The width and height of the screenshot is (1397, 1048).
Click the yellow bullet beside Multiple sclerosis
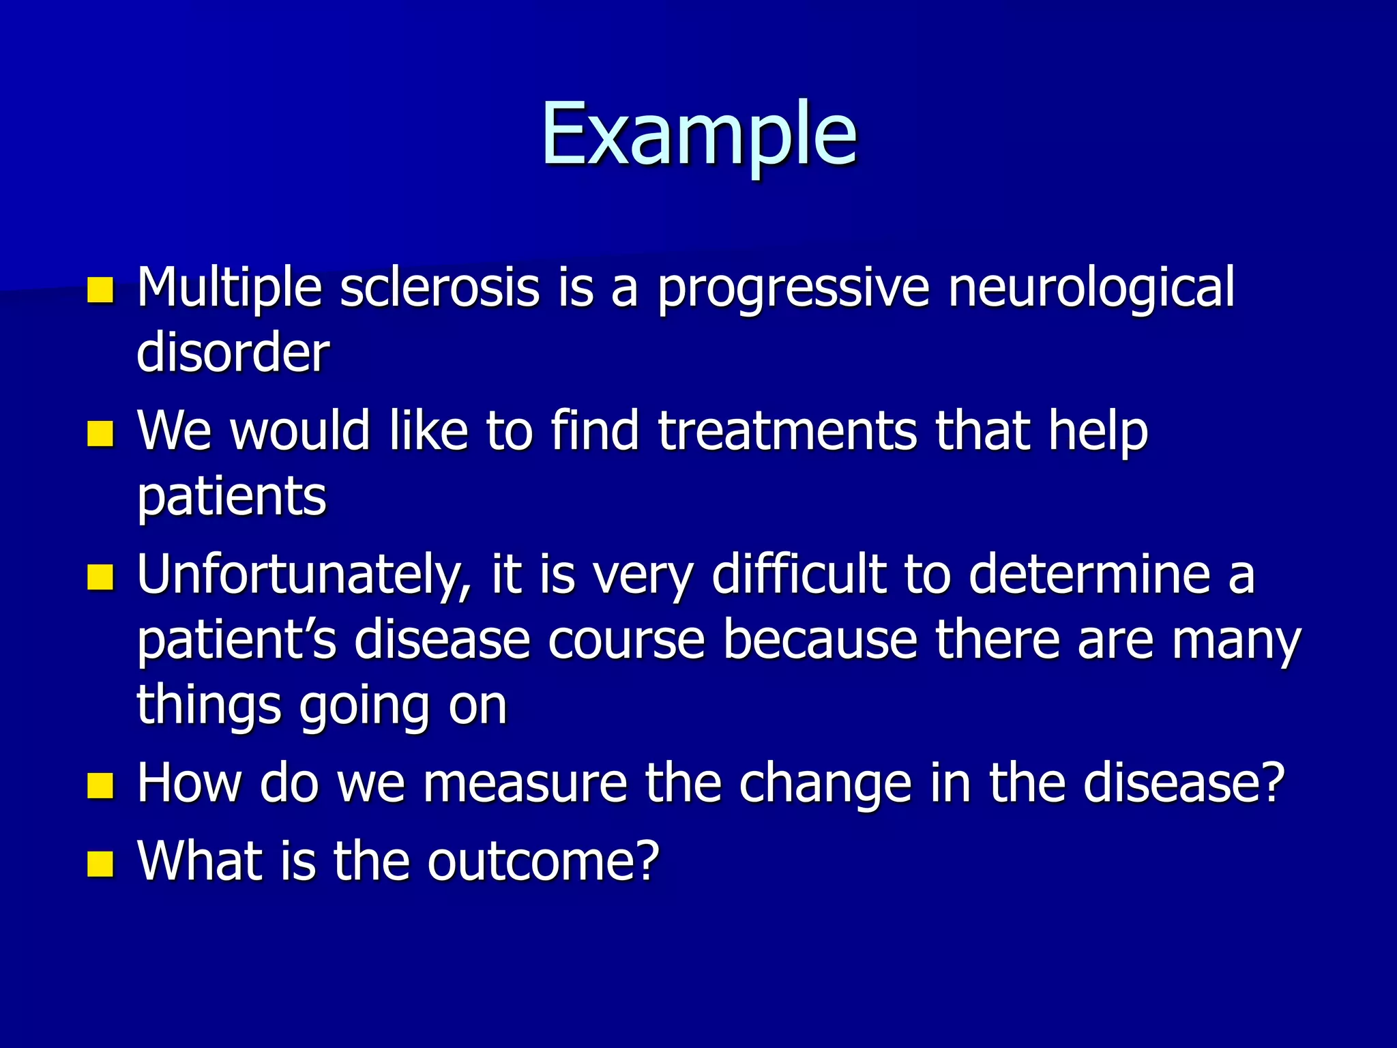[x=100, y=290]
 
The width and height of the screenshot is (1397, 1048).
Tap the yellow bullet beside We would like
[x=100, y=434]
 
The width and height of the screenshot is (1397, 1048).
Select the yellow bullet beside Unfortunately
[x=100, y=577]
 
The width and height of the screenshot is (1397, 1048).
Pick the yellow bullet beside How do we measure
[x=100, y=785]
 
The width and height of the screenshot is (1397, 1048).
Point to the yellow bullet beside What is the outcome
[x=100, y=863]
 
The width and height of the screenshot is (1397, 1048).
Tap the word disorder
[x=233, y=353]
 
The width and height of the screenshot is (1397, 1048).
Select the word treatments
[x=787, y=431]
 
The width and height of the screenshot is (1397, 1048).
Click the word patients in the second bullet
[x=232, y=497]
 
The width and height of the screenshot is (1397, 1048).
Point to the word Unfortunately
[x=304, y=575]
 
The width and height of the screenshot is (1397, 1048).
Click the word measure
[x=525, y=783]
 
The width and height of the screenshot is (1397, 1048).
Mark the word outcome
[x=543, y=861]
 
